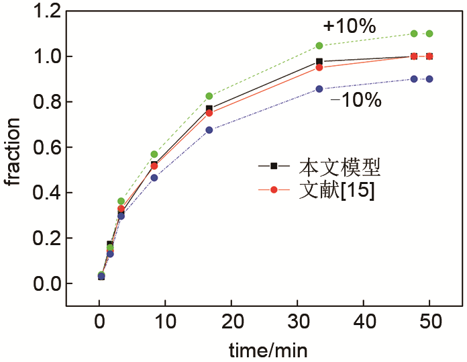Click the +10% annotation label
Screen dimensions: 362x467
point(349,26)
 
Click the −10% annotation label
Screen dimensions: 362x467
point(356,101)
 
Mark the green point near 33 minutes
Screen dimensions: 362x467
point(319,46)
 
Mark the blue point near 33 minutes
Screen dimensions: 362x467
point(319,89)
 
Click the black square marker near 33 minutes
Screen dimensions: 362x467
point(319,62)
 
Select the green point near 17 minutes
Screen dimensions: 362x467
point(209,96)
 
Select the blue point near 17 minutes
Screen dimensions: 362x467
point(209,130)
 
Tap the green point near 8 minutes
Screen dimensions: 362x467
point(154,154)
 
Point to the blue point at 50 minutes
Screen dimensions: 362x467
point(429,79)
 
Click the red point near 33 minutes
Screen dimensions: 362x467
point(319,67)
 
